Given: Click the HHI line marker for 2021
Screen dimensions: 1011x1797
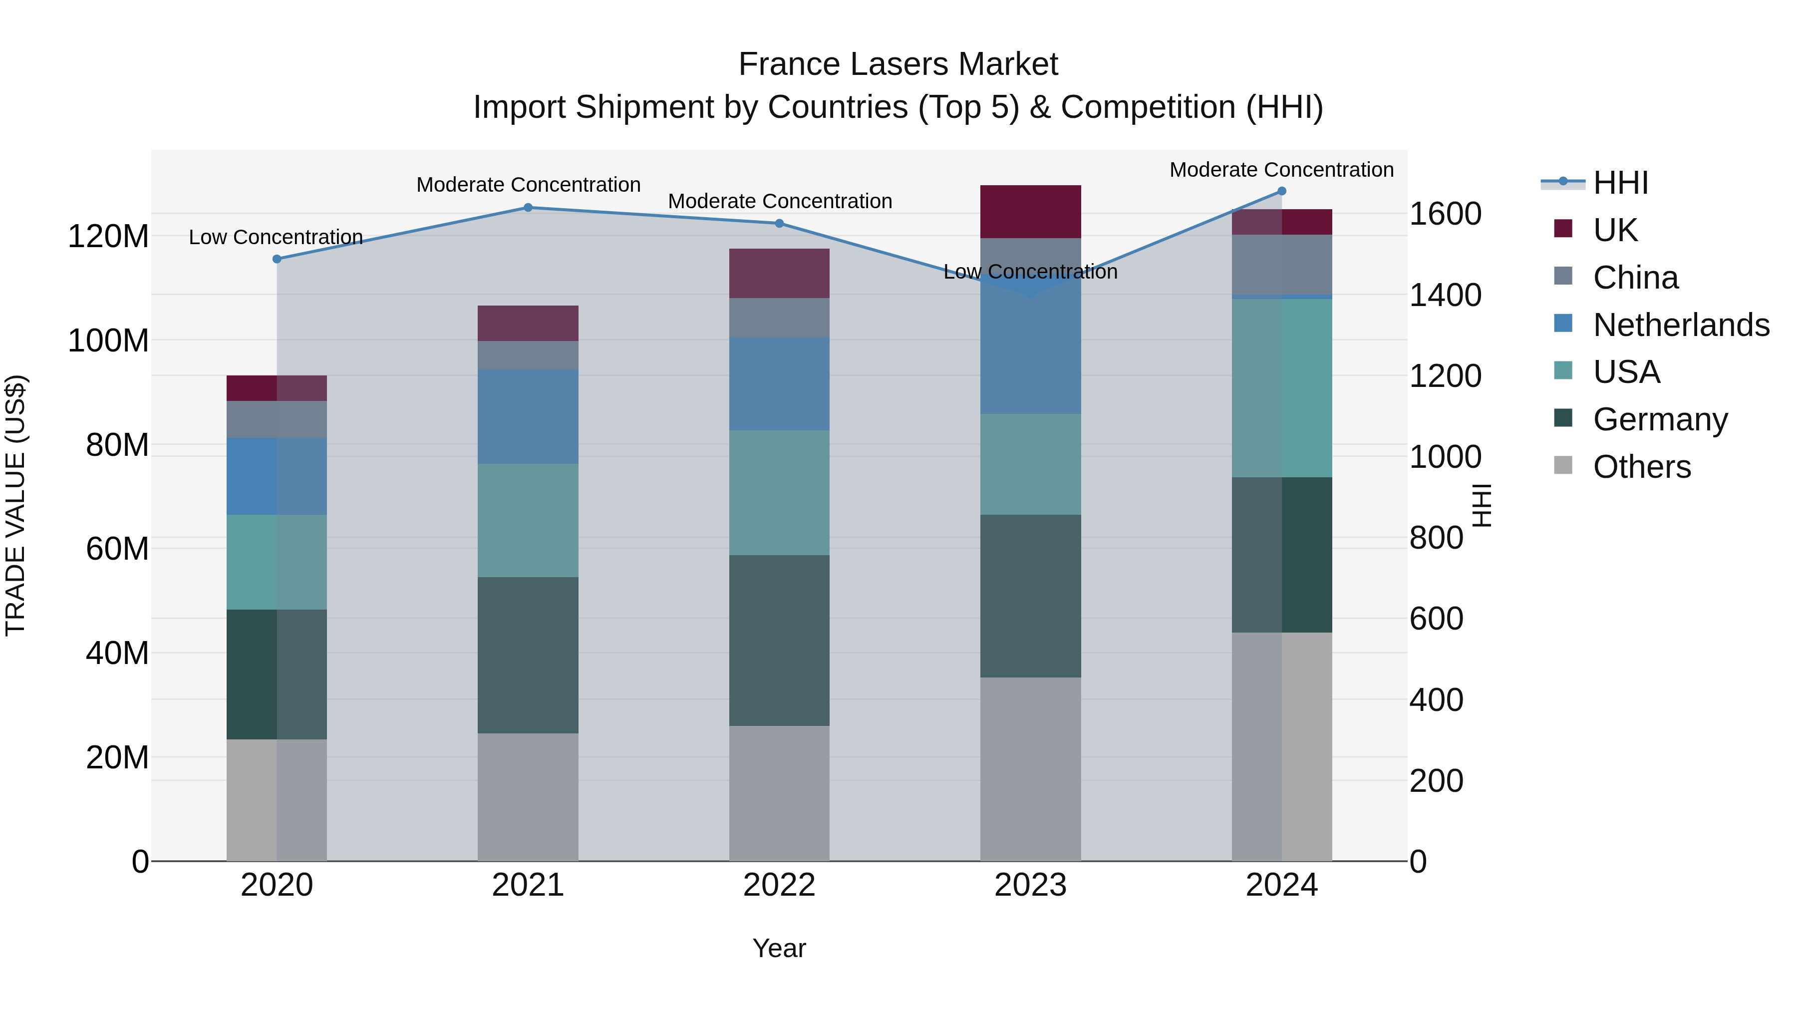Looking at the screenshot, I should click(x=528, y=207).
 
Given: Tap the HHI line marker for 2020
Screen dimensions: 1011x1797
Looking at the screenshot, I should click(x=277, y=259).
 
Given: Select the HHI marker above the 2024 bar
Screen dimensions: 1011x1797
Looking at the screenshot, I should click(x=1281, y=191).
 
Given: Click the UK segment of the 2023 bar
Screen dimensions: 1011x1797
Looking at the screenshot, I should click(x=1030, y=211).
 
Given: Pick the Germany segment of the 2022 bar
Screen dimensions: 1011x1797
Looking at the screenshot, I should click(x=779, y=640).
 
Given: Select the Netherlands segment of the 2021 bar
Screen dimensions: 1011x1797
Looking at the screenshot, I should click(x=528, y=416).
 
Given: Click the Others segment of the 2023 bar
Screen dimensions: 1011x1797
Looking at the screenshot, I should click(x=1030, y=768).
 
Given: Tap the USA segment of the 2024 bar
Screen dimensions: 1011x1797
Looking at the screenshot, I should click(x=1281, y=388).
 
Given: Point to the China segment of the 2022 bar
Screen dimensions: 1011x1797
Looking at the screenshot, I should click(x=779, y=318).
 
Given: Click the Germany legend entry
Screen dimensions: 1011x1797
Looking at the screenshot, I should click(x=1660, y=419).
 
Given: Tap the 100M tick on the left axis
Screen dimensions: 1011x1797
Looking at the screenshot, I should click(x=108, y=340).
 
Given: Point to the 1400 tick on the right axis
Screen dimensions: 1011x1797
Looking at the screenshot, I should click(x=1445, y=295).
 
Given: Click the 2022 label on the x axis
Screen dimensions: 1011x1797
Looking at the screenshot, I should click(x=779, y=885).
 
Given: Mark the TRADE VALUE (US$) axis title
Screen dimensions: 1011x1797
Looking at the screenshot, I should click(x=15, y=505).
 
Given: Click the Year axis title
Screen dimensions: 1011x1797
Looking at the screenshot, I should click(x=779, y=948).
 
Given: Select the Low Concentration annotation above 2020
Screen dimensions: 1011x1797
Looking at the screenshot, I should click(x=276, y=237).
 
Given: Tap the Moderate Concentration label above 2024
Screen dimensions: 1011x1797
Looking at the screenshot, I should click(x=1281, y=170).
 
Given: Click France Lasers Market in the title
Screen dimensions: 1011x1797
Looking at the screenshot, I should click(x=898, y=64).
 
